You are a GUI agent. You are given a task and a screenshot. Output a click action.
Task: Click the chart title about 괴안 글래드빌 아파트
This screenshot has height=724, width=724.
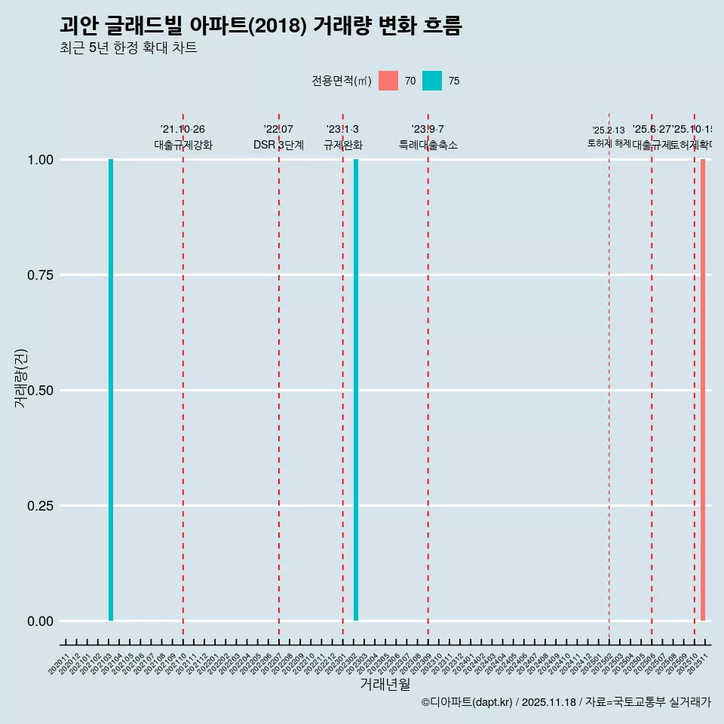(x=260, y=26)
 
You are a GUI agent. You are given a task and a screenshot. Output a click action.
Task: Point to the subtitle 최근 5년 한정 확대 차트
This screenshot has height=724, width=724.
(x=128, y=48)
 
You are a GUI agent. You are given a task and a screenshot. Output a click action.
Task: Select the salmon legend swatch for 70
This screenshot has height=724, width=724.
(x=388, y=81)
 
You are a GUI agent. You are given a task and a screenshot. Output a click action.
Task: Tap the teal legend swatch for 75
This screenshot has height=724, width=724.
(x=432, y=81)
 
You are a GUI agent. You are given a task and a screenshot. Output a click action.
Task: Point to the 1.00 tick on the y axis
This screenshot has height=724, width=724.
(x=39, y=160)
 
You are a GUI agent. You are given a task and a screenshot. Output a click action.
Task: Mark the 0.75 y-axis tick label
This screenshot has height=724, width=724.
(x=39, y=275)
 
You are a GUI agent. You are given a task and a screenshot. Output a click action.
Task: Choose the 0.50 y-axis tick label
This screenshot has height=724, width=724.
(x=39, y=391)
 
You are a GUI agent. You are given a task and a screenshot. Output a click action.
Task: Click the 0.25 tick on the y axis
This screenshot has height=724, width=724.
(x=39, y=506)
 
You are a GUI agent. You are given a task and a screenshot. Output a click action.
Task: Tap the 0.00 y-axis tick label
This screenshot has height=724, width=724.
(x=39, y=621)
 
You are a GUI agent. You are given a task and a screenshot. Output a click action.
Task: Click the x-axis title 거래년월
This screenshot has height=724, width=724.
(x=385, y=685)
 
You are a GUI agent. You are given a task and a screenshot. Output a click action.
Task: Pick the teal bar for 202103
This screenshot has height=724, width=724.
(x=111, y=390)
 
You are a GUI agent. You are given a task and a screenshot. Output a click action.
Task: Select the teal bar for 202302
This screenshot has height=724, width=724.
(x=356, y=390)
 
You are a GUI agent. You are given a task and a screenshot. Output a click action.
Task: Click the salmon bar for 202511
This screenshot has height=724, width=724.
(x=702, y=390)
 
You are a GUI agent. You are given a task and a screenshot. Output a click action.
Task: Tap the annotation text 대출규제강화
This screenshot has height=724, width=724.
(x=183, y=145)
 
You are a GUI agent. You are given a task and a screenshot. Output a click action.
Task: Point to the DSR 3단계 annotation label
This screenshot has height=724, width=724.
(x=278, y=145)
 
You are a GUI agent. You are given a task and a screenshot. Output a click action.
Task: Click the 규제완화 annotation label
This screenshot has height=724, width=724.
(x=343, y=145)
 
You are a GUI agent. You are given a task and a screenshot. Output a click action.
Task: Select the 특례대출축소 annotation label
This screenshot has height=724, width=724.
(x=428, y=145)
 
